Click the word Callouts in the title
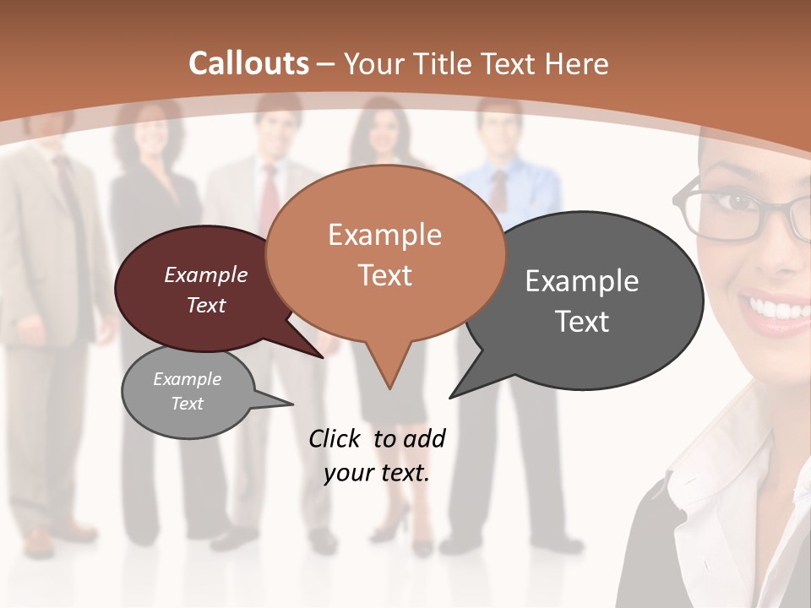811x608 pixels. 248,63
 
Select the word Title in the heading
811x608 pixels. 444,63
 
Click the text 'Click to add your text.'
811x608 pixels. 377,455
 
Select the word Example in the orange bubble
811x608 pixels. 384,235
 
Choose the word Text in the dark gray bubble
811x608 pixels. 582,322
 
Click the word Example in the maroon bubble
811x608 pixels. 206,274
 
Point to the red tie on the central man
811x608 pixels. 269,198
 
